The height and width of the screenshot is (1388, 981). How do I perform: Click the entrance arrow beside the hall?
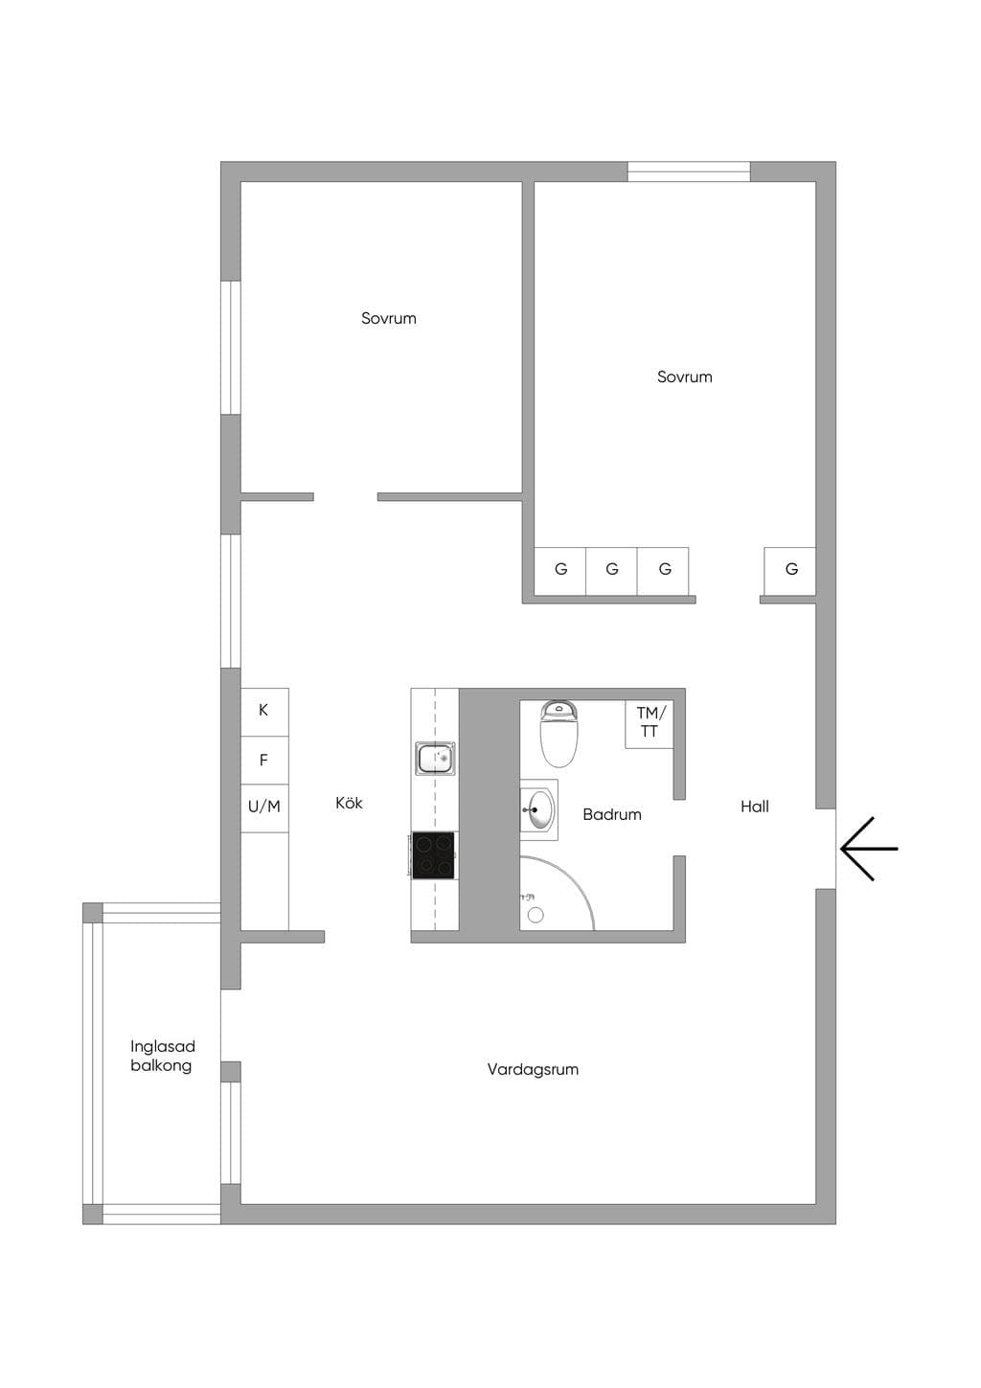point(869,849)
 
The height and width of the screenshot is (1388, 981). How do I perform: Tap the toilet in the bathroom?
point(559,734)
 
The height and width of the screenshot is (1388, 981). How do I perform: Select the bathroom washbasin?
point(538,809)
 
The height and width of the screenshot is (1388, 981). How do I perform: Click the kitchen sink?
point(435,758)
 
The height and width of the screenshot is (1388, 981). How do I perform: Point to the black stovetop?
point(434,855)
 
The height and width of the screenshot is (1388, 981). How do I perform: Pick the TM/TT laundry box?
point(649,724)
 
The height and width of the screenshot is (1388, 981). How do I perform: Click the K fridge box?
point(264,712)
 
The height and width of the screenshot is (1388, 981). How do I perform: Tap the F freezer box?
point(264,761)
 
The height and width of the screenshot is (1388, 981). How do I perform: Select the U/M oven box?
point(264,808)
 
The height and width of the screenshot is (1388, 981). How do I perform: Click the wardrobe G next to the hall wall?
point(789,571)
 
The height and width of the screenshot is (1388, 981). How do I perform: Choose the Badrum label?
point(611,814)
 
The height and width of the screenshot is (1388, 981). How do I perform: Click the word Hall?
point(755,807)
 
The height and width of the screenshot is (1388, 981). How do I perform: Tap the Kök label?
point(349,803)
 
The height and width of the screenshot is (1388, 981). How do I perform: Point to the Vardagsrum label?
point(533,1069)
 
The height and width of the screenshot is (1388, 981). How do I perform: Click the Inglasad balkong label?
point(162,1056)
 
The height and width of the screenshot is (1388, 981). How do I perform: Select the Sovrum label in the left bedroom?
point(389,318)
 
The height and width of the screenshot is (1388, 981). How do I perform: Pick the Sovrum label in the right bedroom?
point(685,376)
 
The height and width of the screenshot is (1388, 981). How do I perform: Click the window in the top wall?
point(689,171)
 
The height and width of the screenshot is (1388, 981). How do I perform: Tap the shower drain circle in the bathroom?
point(536,915)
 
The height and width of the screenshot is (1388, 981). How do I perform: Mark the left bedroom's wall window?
point(231,348)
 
